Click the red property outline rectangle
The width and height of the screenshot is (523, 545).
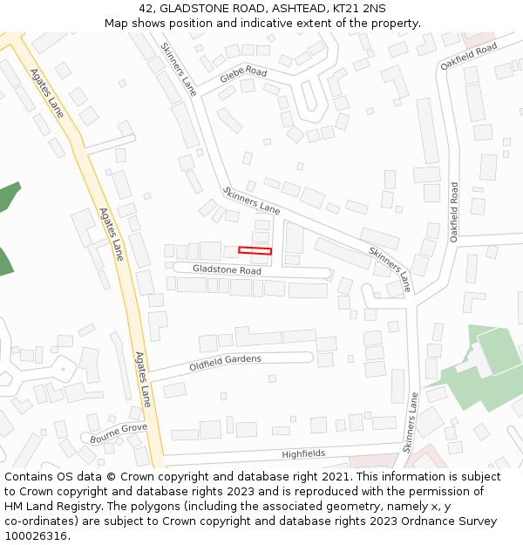click(255, 251)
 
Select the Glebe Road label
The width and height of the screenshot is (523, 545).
click(243, 73)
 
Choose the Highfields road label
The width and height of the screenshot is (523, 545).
click(303, 454)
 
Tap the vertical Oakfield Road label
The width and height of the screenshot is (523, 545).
click(454, 211)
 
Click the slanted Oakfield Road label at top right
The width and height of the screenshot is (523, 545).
click(468, 56)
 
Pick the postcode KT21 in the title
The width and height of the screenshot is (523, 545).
click(347, 8)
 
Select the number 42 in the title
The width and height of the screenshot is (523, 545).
click(146, 8)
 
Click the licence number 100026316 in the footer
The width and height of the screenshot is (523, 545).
click(36, 535)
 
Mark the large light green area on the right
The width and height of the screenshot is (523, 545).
click(492, 353)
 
